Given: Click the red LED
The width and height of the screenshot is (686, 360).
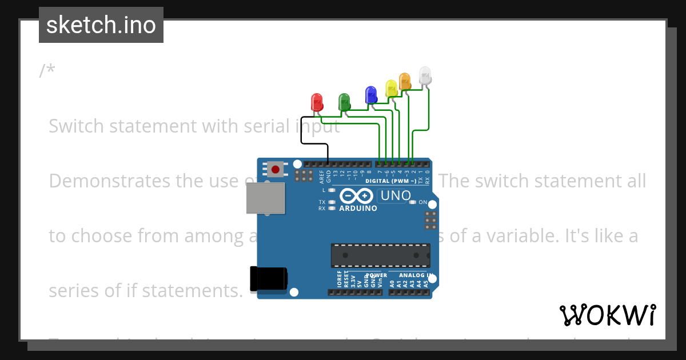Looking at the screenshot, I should pyautogui.click(x=316, y=102).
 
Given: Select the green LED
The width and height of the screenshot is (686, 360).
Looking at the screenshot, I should pyautogui.click(x=344, y=102).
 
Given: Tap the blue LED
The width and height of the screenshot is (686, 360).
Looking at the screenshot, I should pyautogui.click(x=371, y=94).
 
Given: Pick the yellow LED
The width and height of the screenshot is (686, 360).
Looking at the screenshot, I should pyautogui.click(x=391, y=87).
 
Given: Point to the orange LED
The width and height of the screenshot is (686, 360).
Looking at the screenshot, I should pyautogui.click(x=405, y=81).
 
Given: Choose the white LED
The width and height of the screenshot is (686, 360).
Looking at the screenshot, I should pyautogui.click(x=425, y=75).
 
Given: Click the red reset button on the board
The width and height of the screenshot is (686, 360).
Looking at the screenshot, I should pyautogui.click(x=276, y=169).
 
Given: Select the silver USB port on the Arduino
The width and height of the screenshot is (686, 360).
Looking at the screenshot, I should pyautogui.click(x=265, y=199).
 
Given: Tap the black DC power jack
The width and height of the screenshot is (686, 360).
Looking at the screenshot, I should pyautogui.click(x=268, y=279).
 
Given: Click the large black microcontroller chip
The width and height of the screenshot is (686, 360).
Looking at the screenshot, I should pyautogui.click(x=381, y=255).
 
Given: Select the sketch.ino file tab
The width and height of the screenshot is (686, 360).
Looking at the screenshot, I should pyautogui.click(x=101, y=25).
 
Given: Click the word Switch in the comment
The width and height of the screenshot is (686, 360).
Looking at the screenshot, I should pyautogui.click(x=77, y=126).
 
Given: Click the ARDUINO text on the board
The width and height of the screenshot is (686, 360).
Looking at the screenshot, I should pyautogui.click(x=358, y=209).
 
